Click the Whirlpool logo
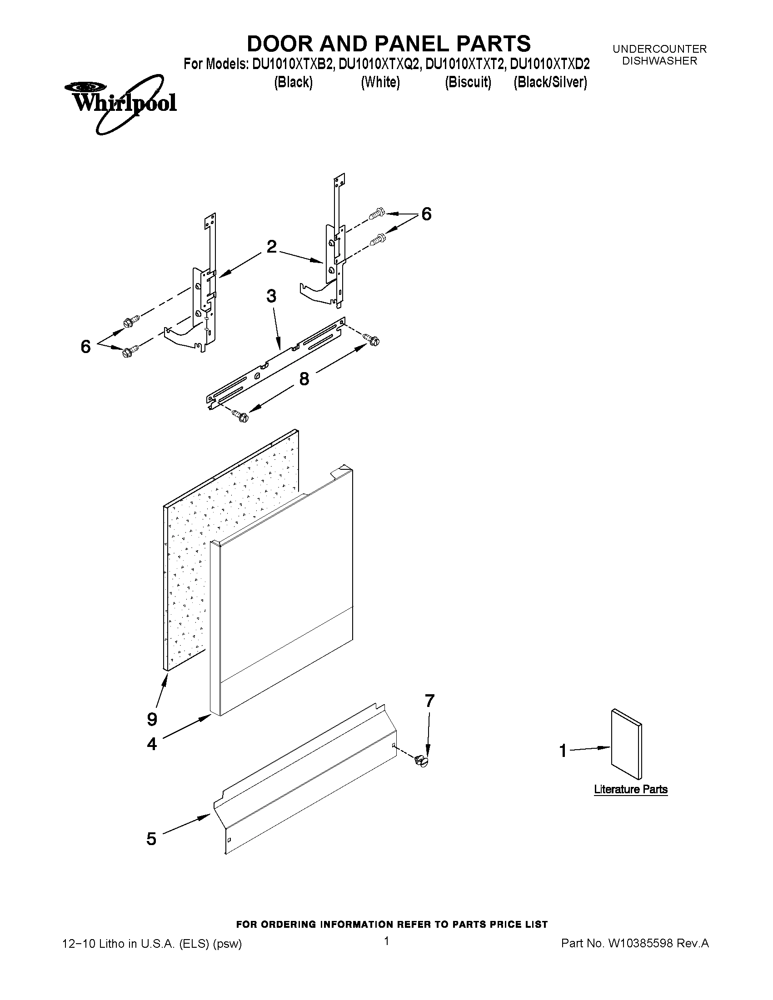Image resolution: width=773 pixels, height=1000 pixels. [x=120, y=104]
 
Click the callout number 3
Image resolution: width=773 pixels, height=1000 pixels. [x=271, y=296]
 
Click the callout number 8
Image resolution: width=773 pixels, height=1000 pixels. [x=304, y=378]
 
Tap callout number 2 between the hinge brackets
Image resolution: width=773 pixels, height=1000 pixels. [x=271, y=247]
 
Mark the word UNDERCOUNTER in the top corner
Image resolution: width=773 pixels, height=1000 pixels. [x=659, y=49]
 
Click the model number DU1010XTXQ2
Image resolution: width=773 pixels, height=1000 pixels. [x=379, y=65]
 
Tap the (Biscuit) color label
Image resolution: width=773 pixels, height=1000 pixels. [x=468, y=82]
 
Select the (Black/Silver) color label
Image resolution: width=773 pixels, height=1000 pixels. [x=550, y=82]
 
